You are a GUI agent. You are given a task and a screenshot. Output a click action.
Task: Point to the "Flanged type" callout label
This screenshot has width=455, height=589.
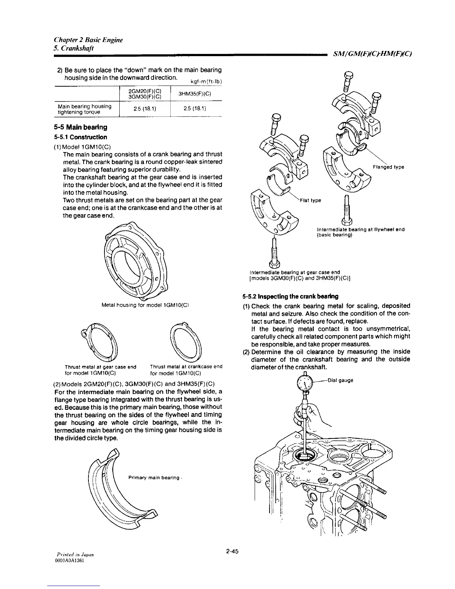tap(388, 167)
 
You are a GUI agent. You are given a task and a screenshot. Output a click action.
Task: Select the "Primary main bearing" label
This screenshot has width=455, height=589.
tap(154, 477)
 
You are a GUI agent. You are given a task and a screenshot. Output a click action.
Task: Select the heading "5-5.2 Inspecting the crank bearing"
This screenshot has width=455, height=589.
tap(290, 297)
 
